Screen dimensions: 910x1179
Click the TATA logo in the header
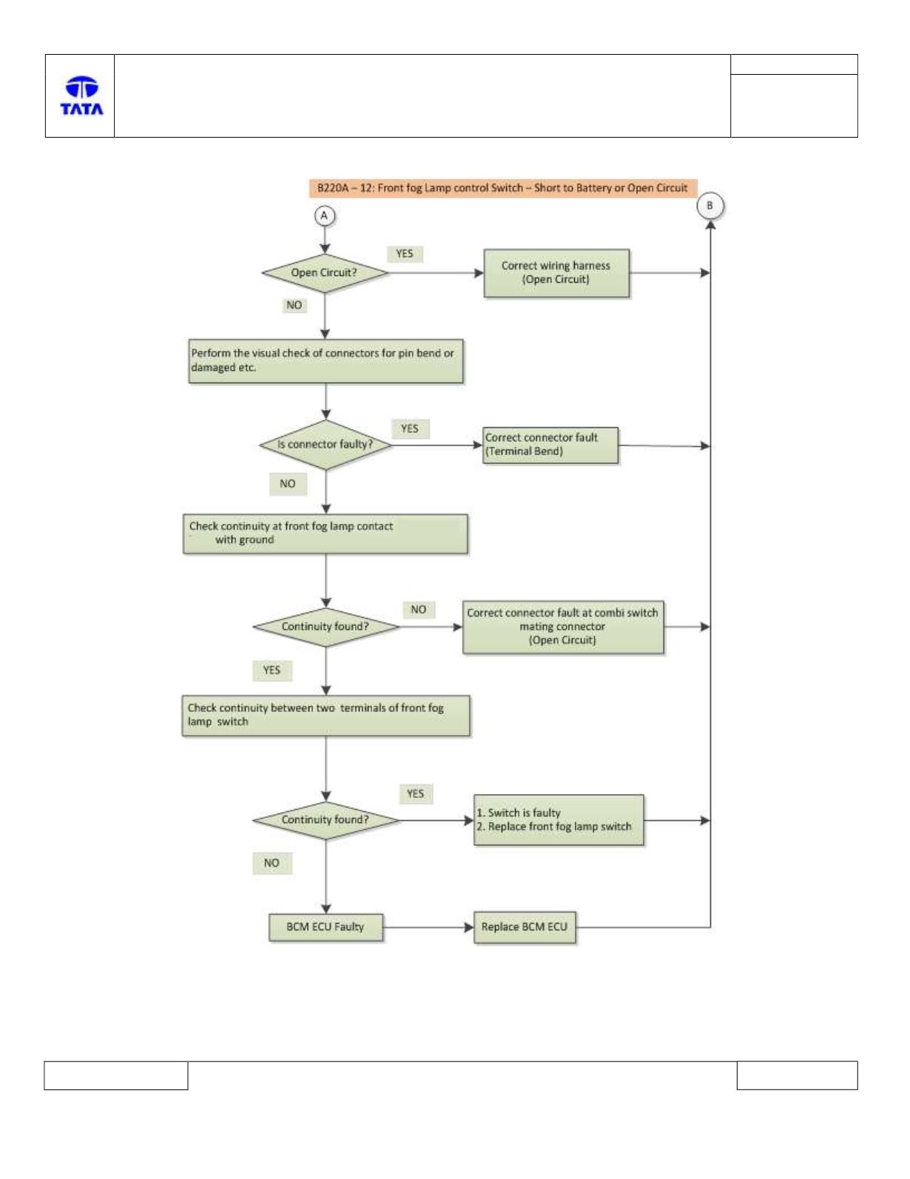81,95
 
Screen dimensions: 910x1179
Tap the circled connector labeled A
324,216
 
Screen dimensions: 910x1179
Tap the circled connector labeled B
710,206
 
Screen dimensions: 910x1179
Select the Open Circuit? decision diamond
325,273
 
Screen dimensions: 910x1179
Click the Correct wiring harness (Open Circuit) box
556,273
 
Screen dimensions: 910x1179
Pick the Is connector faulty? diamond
326,445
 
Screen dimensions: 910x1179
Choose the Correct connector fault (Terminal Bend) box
550,445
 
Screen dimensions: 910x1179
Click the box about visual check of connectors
326,361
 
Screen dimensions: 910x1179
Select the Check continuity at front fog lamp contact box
325,534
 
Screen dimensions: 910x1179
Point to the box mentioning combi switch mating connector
563,627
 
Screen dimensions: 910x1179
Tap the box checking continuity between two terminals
326,715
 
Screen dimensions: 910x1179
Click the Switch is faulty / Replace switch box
559,820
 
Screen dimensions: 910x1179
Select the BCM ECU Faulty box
326,927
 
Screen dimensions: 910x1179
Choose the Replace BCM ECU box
525,927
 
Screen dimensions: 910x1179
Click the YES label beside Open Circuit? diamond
405,254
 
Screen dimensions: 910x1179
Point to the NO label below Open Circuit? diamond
294,306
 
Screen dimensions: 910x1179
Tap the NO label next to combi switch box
418,609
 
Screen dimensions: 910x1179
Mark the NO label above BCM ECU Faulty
272,863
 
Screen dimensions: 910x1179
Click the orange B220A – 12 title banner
503,188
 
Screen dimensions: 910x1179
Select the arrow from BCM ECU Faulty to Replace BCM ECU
428,927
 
